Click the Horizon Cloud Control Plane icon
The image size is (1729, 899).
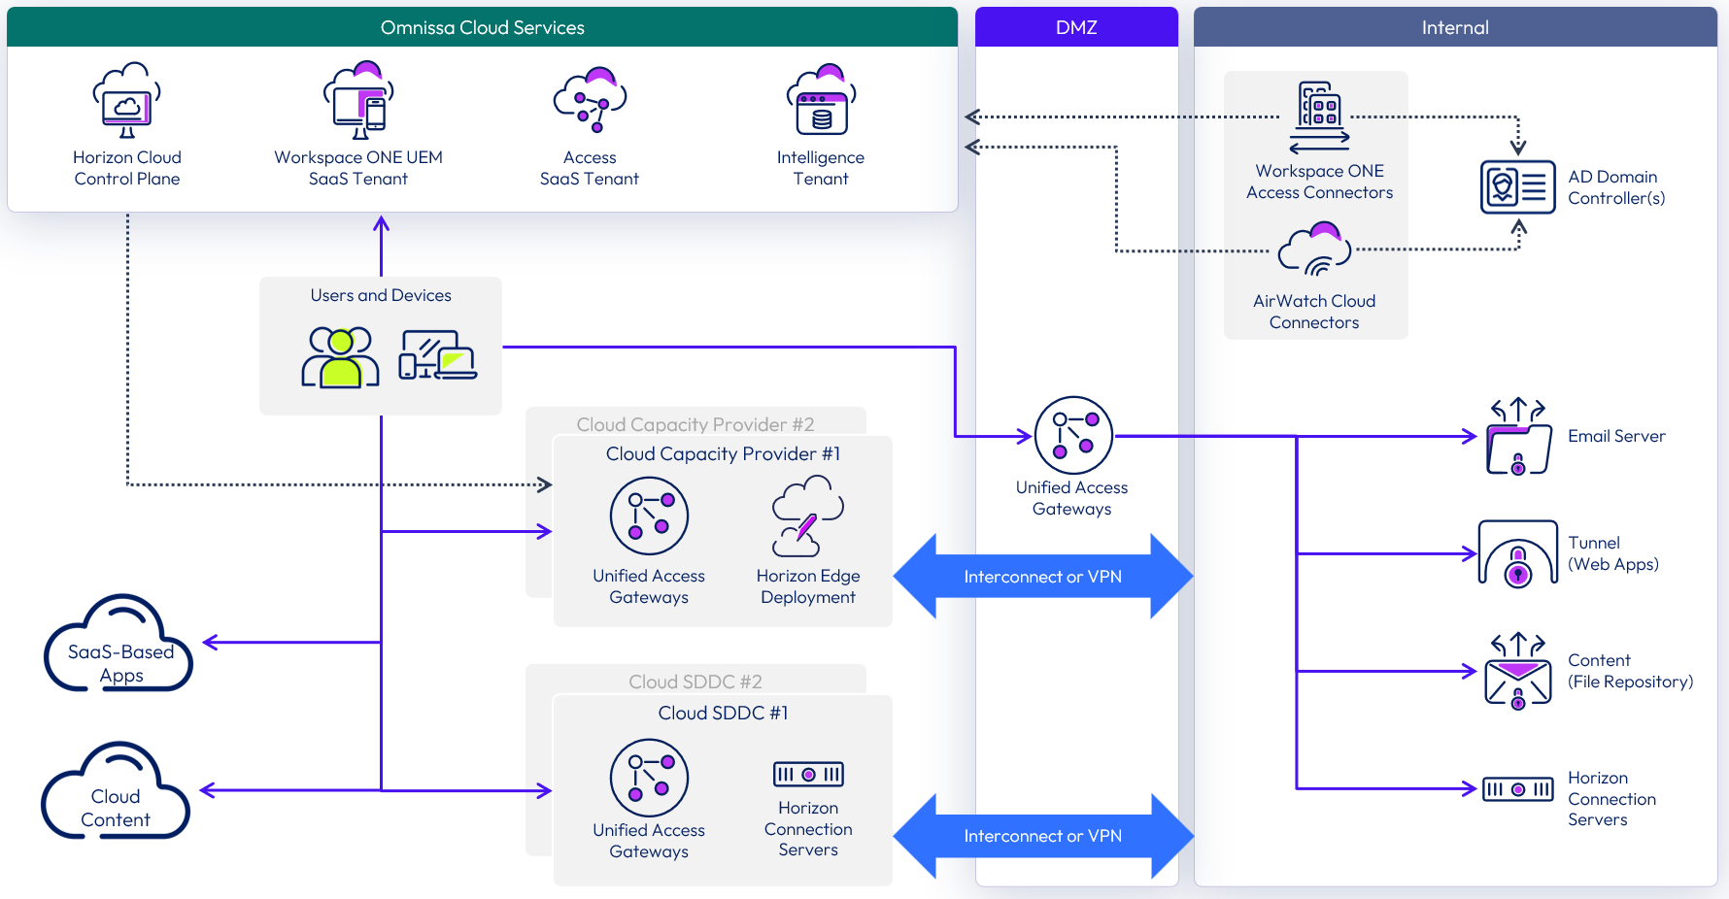(x=127, y=102)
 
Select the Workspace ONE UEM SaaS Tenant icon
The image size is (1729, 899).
(x=358, y=101)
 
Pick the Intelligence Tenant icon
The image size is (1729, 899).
(x=821, y=101)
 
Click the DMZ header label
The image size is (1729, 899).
(x=1076, y=27)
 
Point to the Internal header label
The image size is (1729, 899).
(x=1454, y=27)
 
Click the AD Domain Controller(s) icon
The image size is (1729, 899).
(x=1517, y=186)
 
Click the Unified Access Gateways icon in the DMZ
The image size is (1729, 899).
(x=1072, y=435)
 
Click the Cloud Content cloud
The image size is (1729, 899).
(x=116, y=793)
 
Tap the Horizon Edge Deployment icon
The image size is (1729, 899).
(x=807, y=516)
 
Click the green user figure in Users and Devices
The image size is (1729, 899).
(x=340, y=358)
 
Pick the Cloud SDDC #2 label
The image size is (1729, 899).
(x=695, y=682)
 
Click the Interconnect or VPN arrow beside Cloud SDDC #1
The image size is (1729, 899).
(x=1042, y=836)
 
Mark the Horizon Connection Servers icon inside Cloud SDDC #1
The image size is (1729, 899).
(x=808, y=774)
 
